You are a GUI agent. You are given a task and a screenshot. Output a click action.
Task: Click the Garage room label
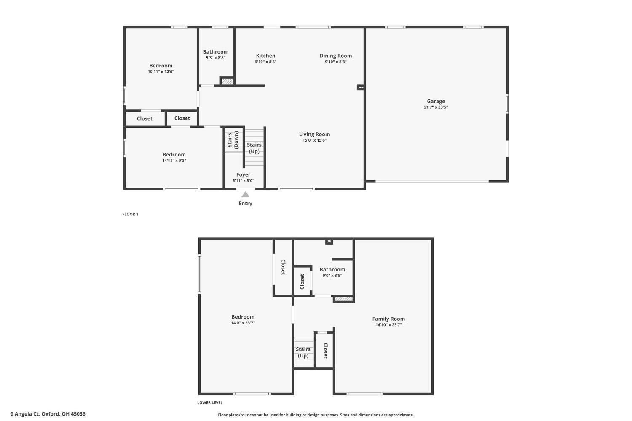pos(436,101)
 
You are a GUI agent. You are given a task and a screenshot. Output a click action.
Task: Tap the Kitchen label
pos(265,56)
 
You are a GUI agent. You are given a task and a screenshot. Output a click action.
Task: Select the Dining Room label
pos(335,56)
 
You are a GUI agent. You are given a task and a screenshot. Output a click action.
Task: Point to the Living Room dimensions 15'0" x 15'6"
pos(314,140)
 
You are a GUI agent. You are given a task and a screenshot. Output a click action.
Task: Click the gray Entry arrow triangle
pos(245,194)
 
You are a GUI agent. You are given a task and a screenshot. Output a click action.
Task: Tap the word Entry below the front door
pos(245,204)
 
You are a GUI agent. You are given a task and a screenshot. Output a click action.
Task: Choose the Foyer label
pos(243,174)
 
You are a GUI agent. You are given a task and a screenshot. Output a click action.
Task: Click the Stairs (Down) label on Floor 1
pos(233,140)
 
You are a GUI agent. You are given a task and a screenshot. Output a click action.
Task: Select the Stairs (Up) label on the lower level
pos(303,352)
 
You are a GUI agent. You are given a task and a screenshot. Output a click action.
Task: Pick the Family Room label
pos(388,319)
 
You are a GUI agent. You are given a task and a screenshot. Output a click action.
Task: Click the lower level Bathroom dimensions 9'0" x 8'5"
pos(332,276)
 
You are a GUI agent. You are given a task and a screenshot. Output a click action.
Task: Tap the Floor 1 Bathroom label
pos(215,52)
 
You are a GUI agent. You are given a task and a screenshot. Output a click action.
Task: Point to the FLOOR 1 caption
pos(130,214)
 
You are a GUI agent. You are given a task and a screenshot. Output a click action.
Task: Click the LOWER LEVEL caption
pos(210,402)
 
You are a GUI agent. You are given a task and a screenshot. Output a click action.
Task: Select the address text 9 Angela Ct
pos(25,414)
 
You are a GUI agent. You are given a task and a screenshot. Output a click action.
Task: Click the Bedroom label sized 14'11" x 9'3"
pos(174,155)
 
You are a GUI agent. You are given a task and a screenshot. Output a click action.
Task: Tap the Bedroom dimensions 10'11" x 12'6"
pos(161,72)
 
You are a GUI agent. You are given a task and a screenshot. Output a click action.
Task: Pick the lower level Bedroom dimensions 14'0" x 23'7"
pos(243,323)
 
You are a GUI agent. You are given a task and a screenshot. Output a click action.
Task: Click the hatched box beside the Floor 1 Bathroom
pos(227,81)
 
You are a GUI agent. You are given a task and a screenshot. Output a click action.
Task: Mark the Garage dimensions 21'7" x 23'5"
pos(436,107)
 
